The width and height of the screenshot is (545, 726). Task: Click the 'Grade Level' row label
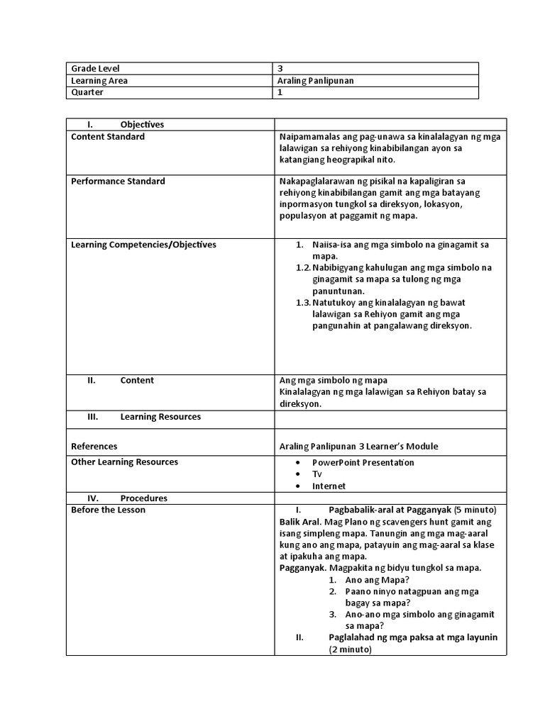(x=96, y=69)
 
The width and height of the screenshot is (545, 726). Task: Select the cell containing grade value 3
(x=281, y=69)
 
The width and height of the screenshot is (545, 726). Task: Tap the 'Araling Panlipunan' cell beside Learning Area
(x=315, y=81)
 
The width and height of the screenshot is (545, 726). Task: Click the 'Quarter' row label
(x=87, y=92)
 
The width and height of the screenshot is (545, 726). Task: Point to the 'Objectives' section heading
(x=142, y=125)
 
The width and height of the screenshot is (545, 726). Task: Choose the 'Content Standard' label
(x=108, y=137)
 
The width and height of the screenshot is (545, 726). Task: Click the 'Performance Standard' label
(x=118, y=181)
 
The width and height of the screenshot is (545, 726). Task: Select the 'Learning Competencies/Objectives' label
(x=144, y=245)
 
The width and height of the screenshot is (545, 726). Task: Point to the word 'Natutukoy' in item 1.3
(x=334, y=303)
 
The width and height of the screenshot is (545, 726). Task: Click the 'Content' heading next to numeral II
(x=137, y=381)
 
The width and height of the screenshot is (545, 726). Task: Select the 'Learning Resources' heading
(x=160, y=417)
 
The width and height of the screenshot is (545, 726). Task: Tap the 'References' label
(x=94, y=447)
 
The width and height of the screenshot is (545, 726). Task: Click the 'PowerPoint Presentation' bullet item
(x=363, y=463)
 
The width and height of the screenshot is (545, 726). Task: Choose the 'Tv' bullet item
(x=317, y=474)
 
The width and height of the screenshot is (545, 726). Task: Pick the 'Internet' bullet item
(x=329, y=486)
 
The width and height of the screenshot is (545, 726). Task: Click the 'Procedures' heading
(x=144, y=498)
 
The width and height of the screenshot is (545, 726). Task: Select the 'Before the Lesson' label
(x=108, y=510)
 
